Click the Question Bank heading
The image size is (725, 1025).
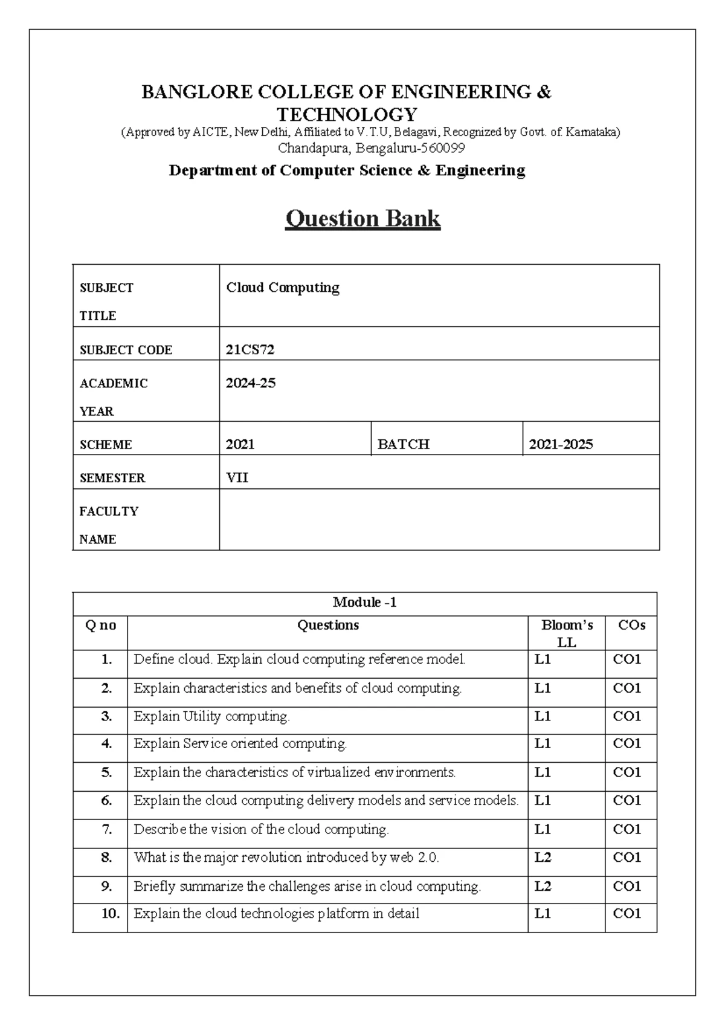click(362, 218)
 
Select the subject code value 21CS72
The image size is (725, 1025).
click(250, 349)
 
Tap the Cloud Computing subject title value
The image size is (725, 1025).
click(283, 288)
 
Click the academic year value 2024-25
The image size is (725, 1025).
click(251, 383)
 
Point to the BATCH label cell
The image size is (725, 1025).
click(403, 444)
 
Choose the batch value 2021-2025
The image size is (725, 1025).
click(561, 444)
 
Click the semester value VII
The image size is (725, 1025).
click(237, 477)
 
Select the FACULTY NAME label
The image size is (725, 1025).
click(109, 525)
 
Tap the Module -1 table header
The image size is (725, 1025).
click(364, 603)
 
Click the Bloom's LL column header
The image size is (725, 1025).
click(567, 633)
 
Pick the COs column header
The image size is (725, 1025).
click(631, 626)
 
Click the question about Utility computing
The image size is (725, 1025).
click(211, 716)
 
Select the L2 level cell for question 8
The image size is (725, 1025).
click(543, 858)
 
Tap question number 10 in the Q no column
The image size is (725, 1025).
click(111, 914)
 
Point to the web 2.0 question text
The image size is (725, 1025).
click(286, 858)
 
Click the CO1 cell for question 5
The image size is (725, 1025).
click(627, 772)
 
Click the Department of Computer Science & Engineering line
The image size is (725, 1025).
click(347, 170)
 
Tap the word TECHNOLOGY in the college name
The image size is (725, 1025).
click(347, 114)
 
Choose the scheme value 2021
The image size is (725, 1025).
click(240, 444)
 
